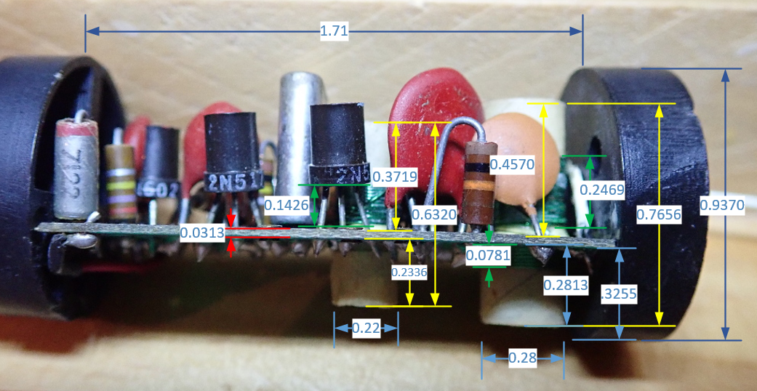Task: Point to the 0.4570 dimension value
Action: click(x=512, y=165)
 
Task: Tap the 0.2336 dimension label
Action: click(x=409, y=273)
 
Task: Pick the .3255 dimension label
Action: click(x=619, y=295)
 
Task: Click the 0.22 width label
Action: click(x=366, y=328)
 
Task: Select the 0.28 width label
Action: click(x=523, y=358)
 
